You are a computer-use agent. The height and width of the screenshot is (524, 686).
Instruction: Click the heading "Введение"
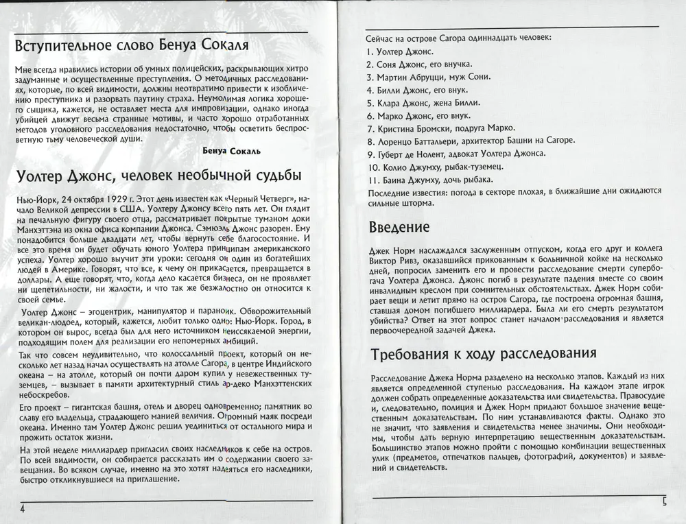point(399,226)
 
